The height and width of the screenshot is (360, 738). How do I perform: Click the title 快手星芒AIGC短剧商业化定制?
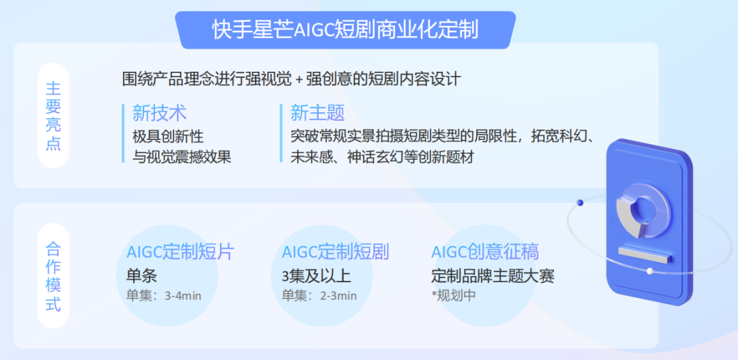tap(344, 30)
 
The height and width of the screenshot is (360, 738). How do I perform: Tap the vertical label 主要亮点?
tap(53, 115)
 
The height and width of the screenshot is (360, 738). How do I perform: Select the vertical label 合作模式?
tap(53, 276)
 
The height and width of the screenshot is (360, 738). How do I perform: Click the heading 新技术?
tap(159, 113)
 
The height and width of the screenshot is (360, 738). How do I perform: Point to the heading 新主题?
tap(317, 113)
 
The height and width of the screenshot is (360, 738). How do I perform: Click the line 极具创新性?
tap(167, 136)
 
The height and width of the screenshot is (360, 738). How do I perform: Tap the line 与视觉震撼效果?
tap(182, 156)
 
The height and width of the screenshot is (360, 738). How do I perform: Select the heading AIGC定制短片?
tap(180, 251)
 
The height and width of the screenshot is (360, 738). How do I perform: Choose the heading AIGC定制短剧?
tap(335, 251)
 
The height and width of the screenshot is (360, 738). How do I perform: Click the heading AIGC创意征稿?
tap(484, 251)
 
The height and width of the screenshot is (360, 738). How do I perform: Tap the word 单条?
tap(141, 275)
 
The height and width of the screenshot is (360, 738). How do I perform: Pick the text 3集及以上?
tap(316, 275)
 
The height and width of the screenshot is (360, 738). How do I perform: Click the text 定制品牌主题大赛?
tap(493, 275)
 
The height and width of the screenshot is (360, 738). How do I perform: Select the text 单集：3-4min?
tap(163, 296)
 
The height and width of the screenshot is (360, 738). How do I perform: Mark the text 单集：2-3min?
tap(319, 296)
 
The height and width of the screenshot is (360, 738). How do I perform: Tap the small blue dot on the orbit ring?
tap(579, 202)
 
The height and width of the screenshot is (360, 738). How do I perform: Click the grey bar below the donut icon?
tap(645, 253)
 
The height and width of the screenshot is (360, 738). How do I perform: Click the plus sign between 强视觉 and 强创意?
tap(299, 80)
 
